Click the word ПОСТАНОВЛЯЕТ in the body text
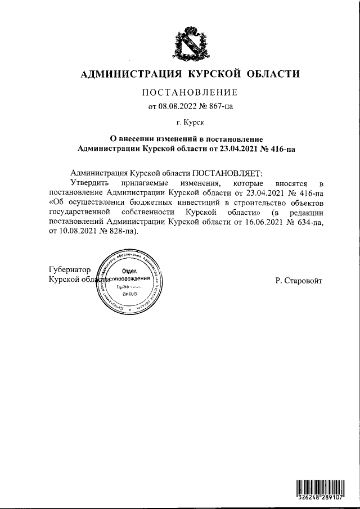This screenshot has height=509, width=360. pyautogui.click(x=228, y=174)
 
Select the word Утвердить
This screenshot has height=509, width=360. pyautogui.click(x=91, y=183)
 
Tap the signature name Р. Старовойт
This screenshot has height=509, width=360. pyautogui.click(x=299, y=280)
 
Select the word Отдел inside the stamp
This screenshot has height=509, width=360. pyautogui.click(x=130, y=271)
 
